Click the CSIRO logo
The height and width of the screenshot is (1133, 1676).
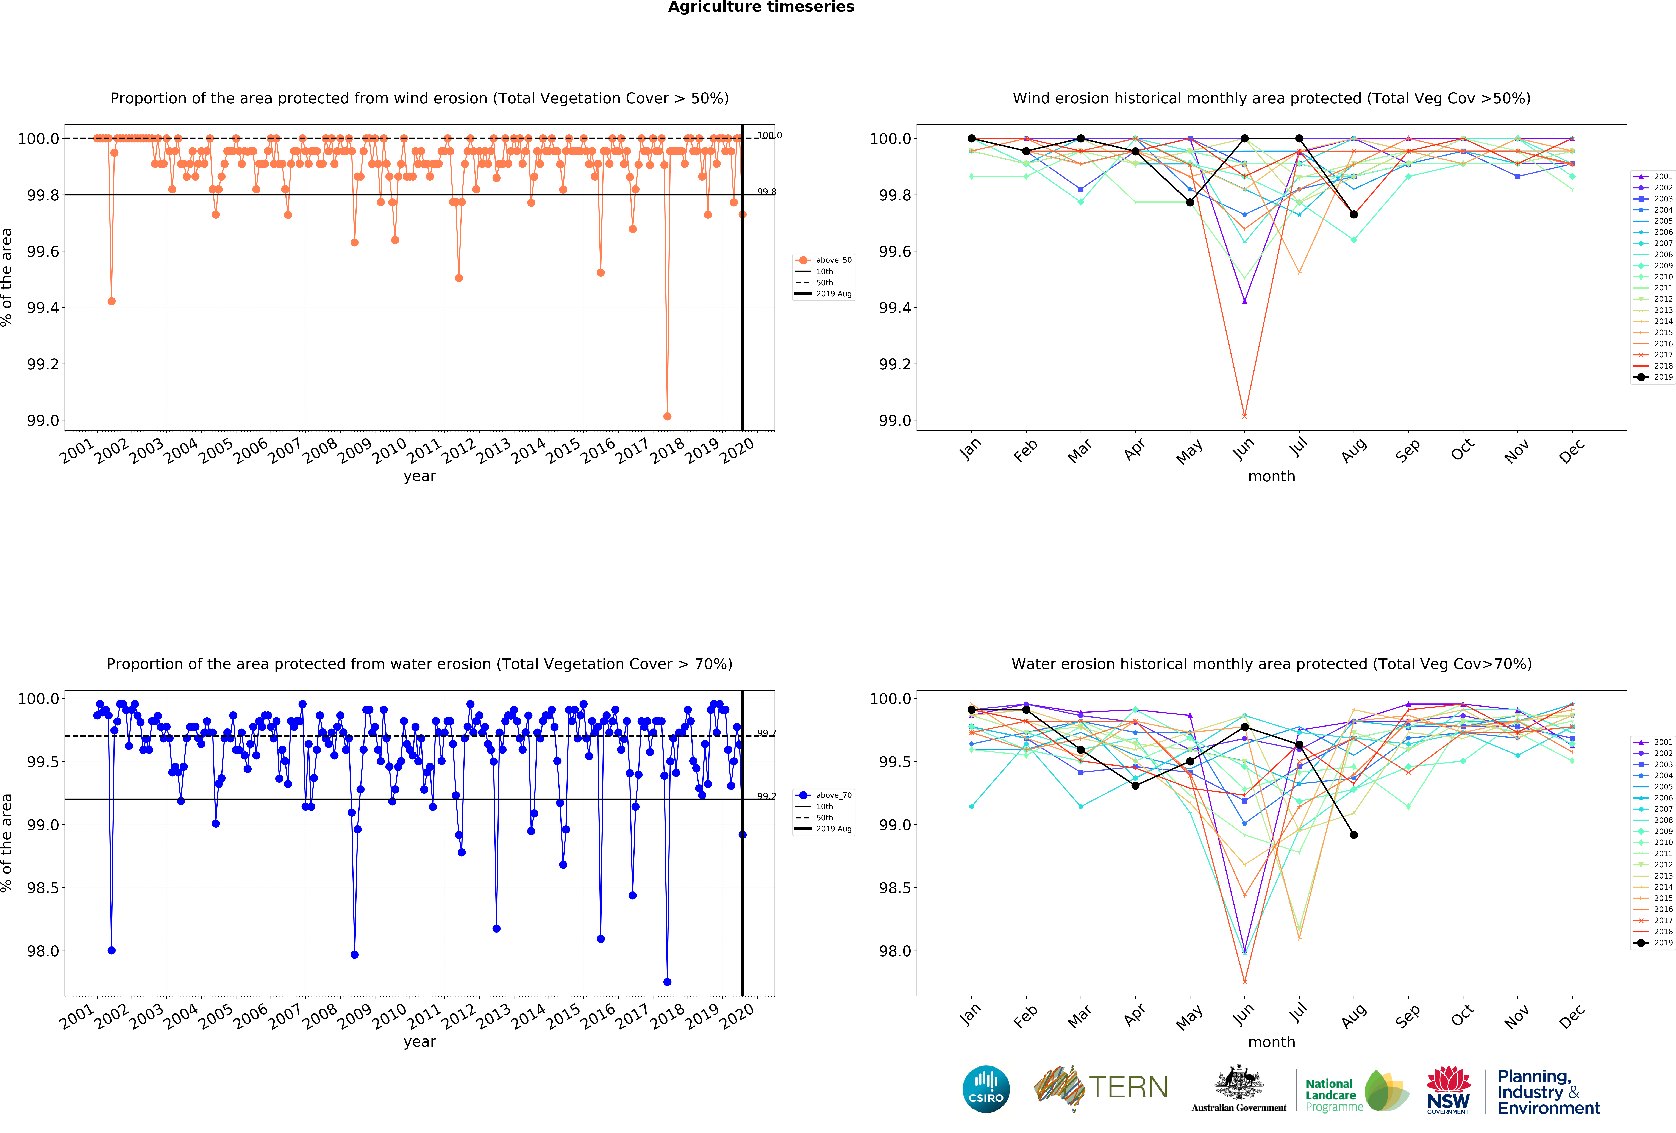[x=986, y=1089]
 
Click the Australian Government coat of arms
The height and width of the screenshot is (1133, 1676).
[x=1238, y=1082]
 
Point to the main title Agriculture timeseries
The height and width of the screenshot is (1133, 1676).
[x=761, y=7]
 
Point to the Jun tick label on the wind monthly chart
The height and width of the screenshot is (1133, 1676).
[x=1243, y=449]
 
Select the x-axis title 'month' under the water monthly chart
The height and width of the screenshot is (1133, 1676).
[x=1271, y=1042]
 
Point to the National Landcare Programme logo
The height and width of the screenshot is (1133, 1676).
[x=1356, y=1090]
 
